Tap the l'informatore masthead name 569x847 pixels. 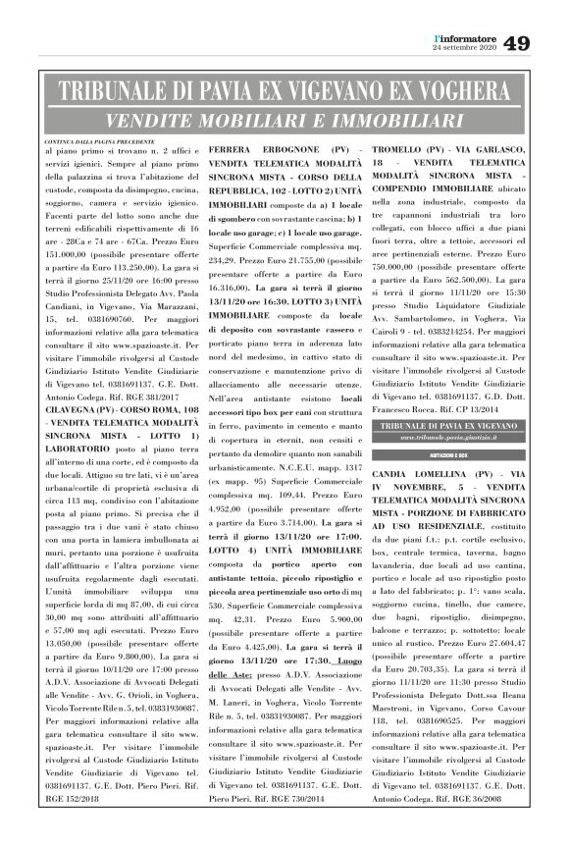click(x=465, y=37)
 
